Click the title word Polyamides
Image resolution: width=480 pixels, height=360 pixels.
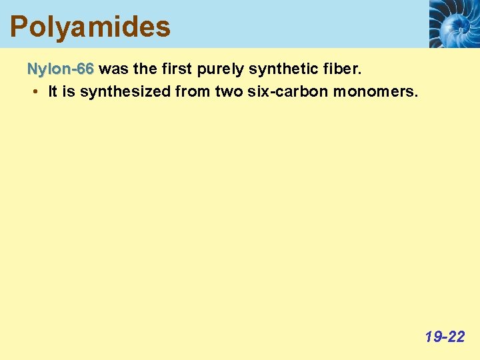point(90,27)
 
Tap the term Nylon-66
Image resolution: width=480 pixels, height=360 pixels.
point(60,69)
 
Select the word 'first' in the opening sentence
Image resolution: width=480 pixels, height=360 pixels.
point(177,69)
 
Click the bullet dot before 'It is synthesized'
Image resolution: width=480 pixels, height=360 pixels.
point(34,92)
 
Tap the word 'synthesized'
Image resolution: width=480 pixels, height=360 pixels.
point(125,92)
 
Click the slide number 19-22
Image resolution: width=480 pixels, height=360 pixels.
point(445,337)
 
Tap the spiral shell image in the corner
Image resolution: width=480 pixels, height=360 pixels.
point(453,24)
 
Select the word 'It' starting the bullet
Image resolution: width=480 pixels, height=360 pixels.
point(53,92)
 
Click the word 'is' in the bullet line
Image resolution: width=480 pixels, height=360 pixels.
point(69,92)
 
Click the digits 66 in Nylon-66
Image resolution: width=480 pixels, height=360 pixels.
point(85,69)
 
